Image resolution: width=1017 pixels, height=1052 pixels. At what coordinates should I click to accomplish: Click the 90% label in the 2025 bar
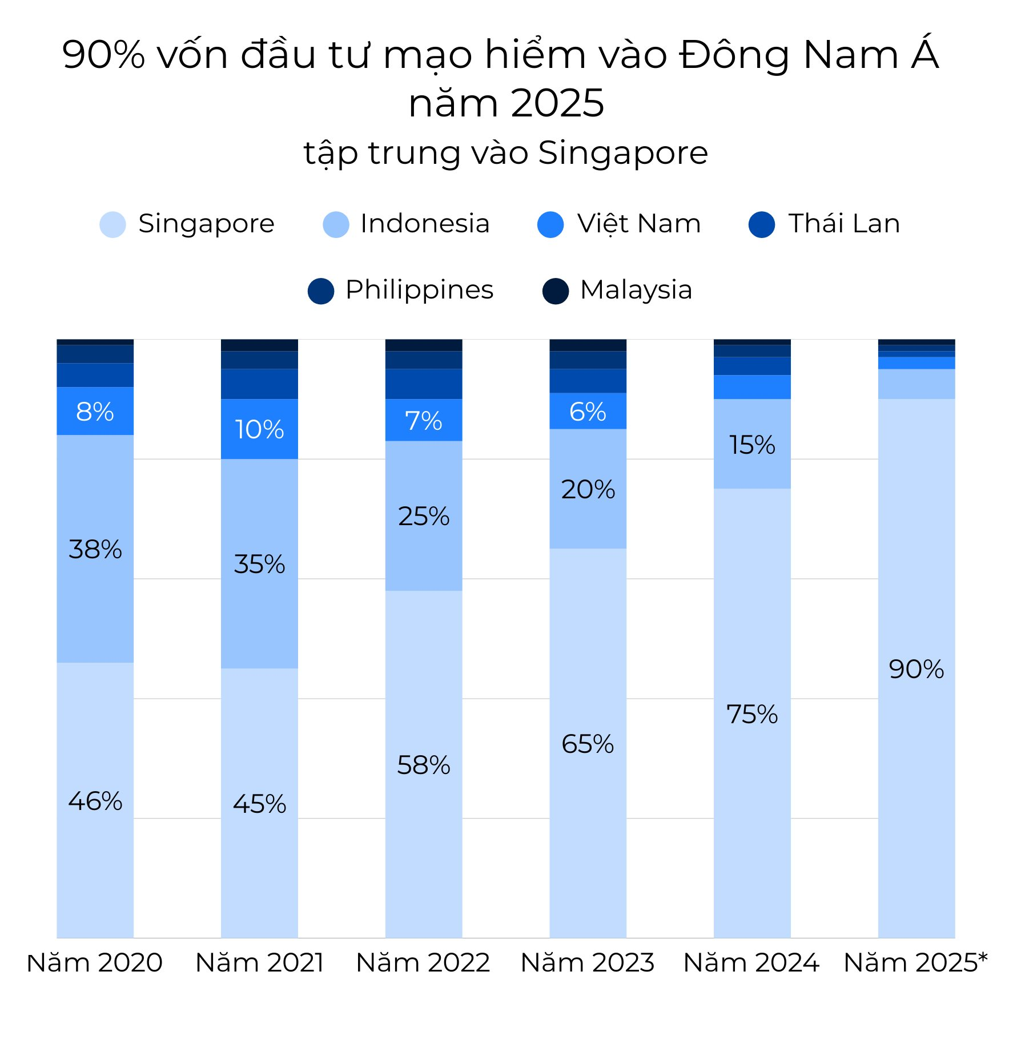pos(916,669)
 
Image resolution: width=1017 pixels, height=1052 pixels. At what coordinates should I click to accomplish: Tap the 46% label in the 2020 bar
pos(95,801)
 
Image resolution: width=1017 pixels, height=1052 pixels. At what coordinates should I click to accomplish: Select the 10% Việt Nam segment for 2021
pos(259,429)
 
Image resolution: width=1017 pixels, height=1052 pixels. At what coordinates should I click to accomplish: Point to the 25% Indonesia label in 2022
pos(423,516)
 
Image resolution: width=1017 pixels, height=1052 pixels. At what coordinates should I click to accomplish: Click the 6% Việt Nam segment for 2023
pos(588,411)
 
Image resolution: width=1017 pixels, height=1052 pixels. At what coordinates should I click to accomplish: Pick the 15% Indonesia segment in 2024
pos(752,444)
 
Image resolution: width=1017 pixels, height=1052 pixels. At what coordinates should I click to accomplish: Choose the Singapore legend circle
pos(112,224)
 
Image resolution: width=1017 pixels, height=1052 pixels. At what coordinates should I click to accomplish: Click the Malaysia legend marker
pos(555,291)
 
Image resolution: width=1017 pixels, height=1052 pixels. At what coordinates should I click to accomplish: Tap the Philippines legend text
pos(419,289)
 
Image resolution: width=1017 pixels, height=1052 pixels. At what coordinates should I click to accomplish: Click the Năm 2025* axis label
pos(915,962)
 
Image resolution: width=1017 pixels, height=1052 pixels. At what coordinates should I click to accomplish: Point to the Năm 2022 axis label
pos(423,962)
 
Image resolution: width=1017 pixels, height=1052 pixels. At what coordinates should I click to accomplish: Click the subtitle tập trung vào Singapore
pos(506,153)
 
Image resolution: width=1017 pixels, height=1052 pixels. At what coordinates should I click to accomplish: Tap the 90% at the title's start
pos(103,55)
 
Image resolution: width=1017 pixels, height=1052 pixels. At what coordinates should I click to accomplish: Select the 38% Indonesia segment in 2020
pos(95,549)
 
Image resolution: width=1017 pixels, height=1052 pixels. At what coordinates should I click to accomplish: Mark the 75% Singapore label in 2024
pos(752,714)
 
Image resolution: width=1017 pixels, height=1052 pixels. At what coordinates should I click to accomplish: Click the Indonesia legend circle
pos(336,224)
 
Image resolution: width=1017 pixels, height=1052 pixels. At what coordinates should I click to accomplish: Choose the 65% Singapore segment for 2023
pos(588,744)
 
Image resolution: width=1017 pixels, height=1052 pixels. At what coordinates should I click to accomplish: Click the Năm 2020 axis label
pos(95,962)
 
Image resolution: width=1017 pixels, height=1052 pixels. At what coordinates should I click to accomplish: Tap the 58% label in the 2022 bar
pos(423,765)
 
